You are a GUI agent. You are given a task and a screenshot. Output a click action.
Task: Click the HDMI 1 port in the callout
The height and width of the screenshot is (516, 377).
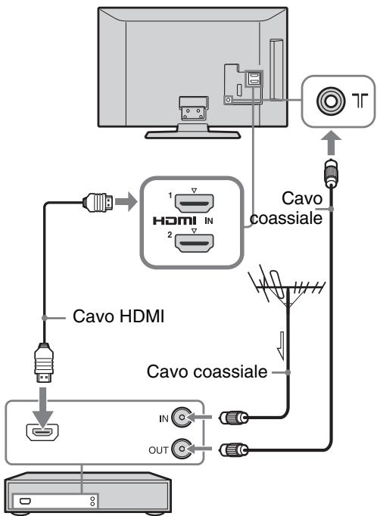coord(194,204)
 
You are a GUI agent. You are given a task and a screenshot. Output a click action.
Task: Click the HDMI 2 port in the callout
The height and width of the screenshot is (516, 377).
coord(194,243)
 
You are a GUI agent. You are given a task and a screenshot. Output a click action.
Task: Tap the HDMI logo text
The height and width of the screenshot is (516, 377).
coord(175,220)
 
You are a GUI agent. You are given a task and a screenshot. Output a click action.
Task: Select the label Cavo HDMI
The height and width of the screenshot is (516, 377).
coord(118,316)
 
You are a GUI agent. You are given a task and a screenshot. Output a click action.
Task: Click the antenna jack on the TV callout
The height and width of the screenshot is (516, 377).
coord(331,101)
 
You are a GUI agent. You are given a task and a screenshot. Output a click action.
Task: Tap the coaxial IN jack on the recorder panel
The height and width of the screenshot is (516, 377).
coord(182,418)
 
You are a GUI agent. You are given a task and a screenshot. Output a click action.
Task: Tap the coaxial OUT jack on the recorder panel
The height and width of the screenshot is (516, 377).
coord(182,449)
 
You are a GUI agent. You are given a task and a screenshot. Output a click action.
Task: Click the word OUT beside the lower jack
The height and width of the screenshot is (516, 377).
coord(158,450)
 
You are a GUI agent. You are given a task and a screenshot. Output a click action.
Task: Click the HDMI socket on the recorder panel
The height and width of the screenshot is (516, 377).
coord(42,433)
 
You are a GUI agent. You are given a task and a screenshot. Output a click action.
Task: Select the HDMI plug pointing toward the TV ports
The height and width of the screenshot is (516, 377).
coord(98,202)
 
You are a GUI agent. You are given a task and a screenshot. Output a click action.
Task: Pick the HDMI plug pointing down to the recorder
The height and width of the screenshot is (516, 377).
coord(44,362)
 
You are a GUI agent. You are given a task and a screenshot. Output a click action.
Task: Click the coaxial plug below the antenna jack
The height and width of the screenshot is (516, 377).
coord(331,173)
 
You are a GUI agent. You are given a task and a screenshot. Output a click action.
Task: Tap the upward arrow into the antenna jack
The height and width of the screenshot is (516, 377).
coord(331,143)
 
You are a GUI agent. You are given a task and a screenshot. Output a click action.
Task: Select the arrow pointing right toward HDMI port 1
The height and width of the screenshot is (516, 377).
coord(126,201)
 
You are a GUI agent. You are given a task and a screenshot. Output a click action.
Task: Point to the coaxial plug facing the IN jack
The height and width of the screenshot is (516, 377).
coord(234,418)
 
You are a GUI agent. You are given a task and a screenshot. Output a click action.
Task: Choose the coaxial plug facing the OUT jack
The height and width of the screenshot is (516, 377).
coord(234,449)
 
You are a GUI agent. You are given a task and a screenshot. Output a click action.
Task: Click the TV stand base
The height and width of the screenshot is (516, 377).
coord(193,134)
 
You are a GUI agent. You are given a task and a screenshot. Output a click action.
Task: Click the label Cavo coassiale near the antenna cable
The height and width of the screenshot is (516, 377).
coord(207,371)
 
